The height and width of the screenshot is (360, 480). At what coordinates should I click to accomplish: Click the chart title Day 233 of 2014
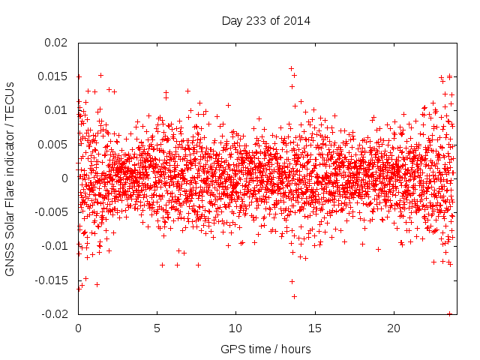pos(265,19)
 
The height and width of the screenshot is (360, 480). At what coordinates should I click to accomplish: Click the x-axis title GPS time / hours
pos(265,349)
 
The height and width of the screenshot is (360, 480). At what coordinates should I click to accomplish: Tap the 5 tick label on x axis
pos(157,328)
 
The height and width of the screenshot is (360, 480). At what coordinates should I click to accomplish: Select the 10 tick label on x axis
pos(235,328)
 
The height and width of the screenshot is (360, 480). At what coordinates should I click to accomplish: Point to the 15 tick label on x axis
pos(315,328)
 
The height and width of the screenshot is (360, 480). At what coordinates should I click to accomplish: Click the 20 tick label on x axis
pos(394,328)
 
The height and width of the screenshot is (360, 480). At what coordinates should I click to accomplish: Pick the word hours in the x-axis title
pos(295,349)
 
